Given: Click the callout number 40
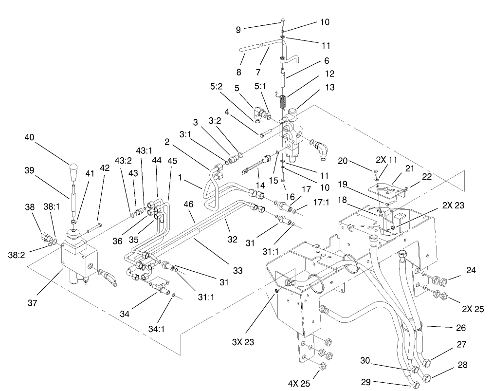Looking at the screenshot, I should point(30,137).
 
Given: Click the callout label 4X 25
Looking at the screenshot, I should point(298,383).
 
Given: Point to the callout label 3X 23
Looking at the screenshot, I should point(243,342).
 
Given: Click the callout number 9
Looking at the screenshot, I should point(238,29).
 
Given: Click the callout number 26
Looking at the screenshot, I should point(460,328).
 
